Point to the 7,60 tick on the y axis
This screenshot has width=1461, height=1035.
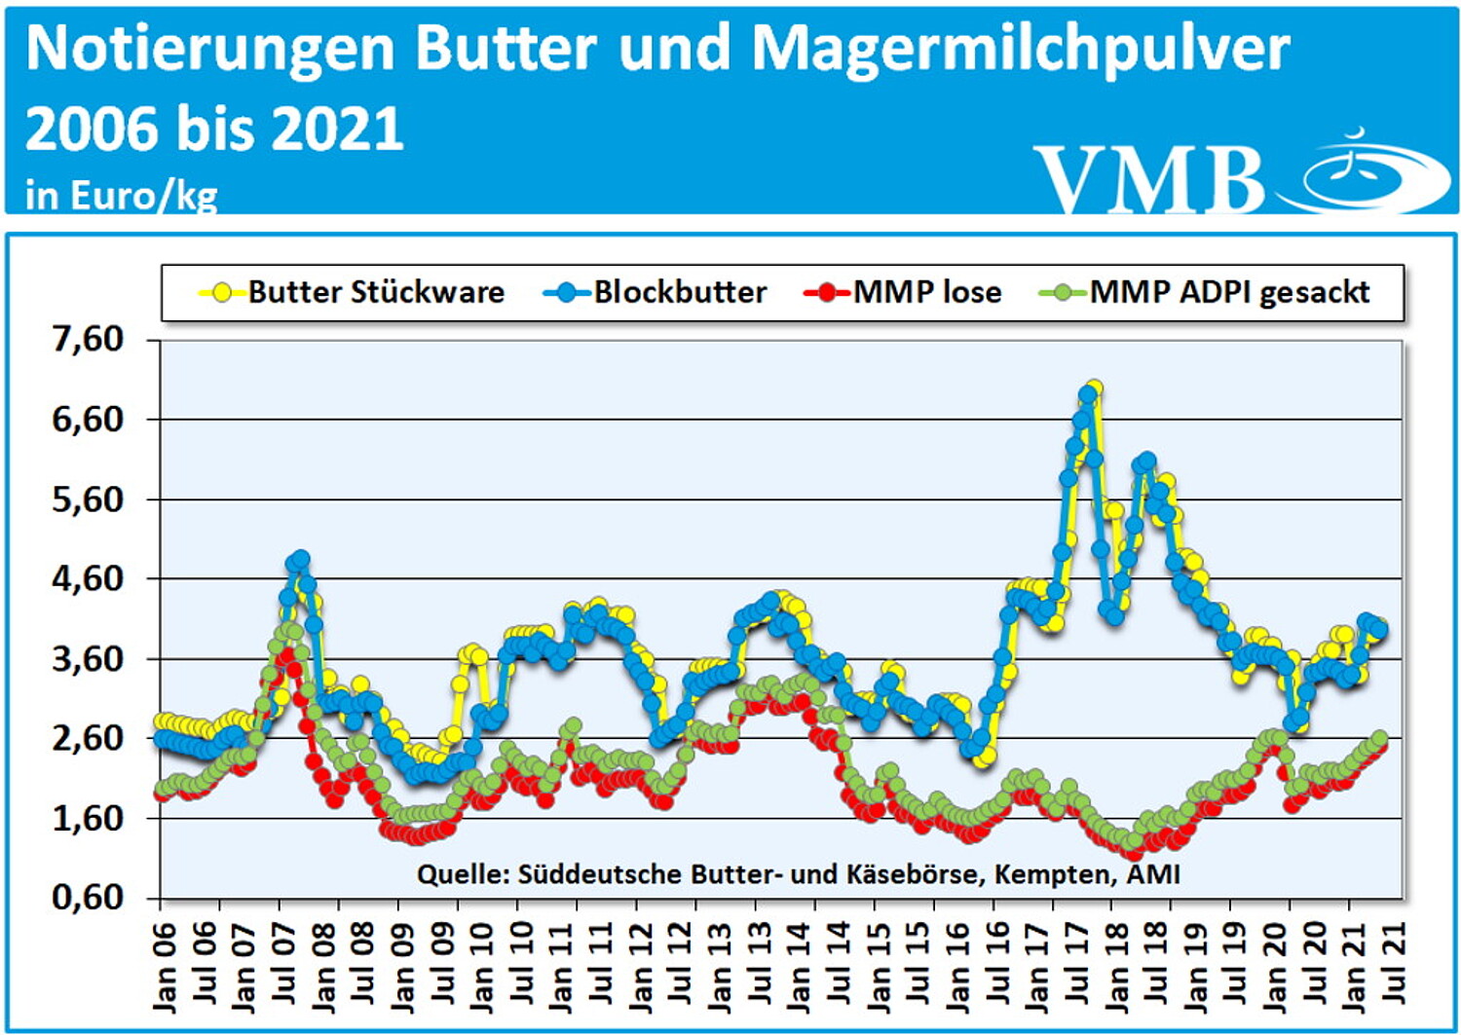point(89,340)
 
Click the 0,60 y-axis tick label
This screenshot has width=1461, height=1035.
point(89,897)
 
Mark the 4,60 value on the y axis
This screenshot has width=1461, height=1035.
point(89,578)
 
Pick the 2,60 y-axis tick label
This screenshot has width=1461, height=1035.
point(89,738)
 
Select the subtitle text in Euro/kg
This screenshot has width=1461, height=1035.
point(122,196)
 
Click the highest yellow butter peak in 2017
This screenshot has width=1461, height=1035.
point(1094,389)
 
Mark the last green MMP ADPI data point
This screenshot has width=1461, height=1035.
point(1380,738)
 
